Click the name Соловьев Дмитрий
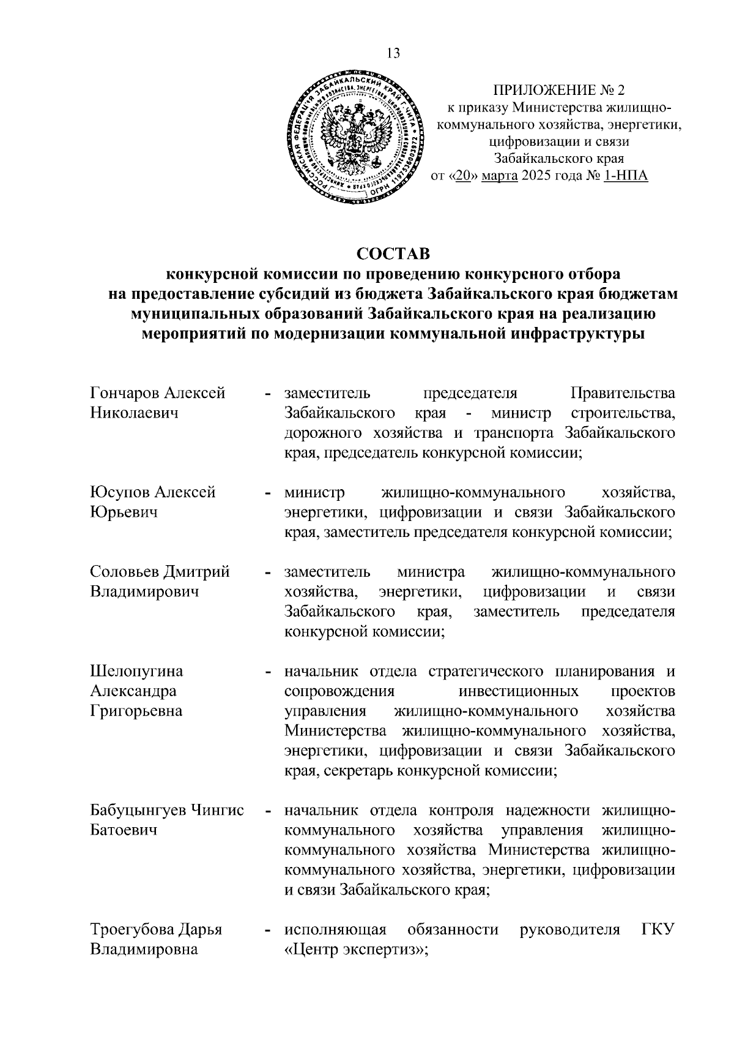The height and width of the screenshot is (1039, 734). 160,572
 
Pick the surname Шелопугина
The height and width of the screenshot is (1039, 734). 136,671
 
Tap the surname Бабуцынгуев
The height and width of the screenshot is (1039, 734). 139,810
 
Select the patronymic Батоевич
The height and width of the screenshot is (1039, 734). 124,830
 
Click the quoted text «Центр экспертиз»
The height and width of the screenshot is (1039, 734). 356,950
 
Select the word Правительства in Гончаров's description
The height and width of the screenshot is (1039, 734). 623,392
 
